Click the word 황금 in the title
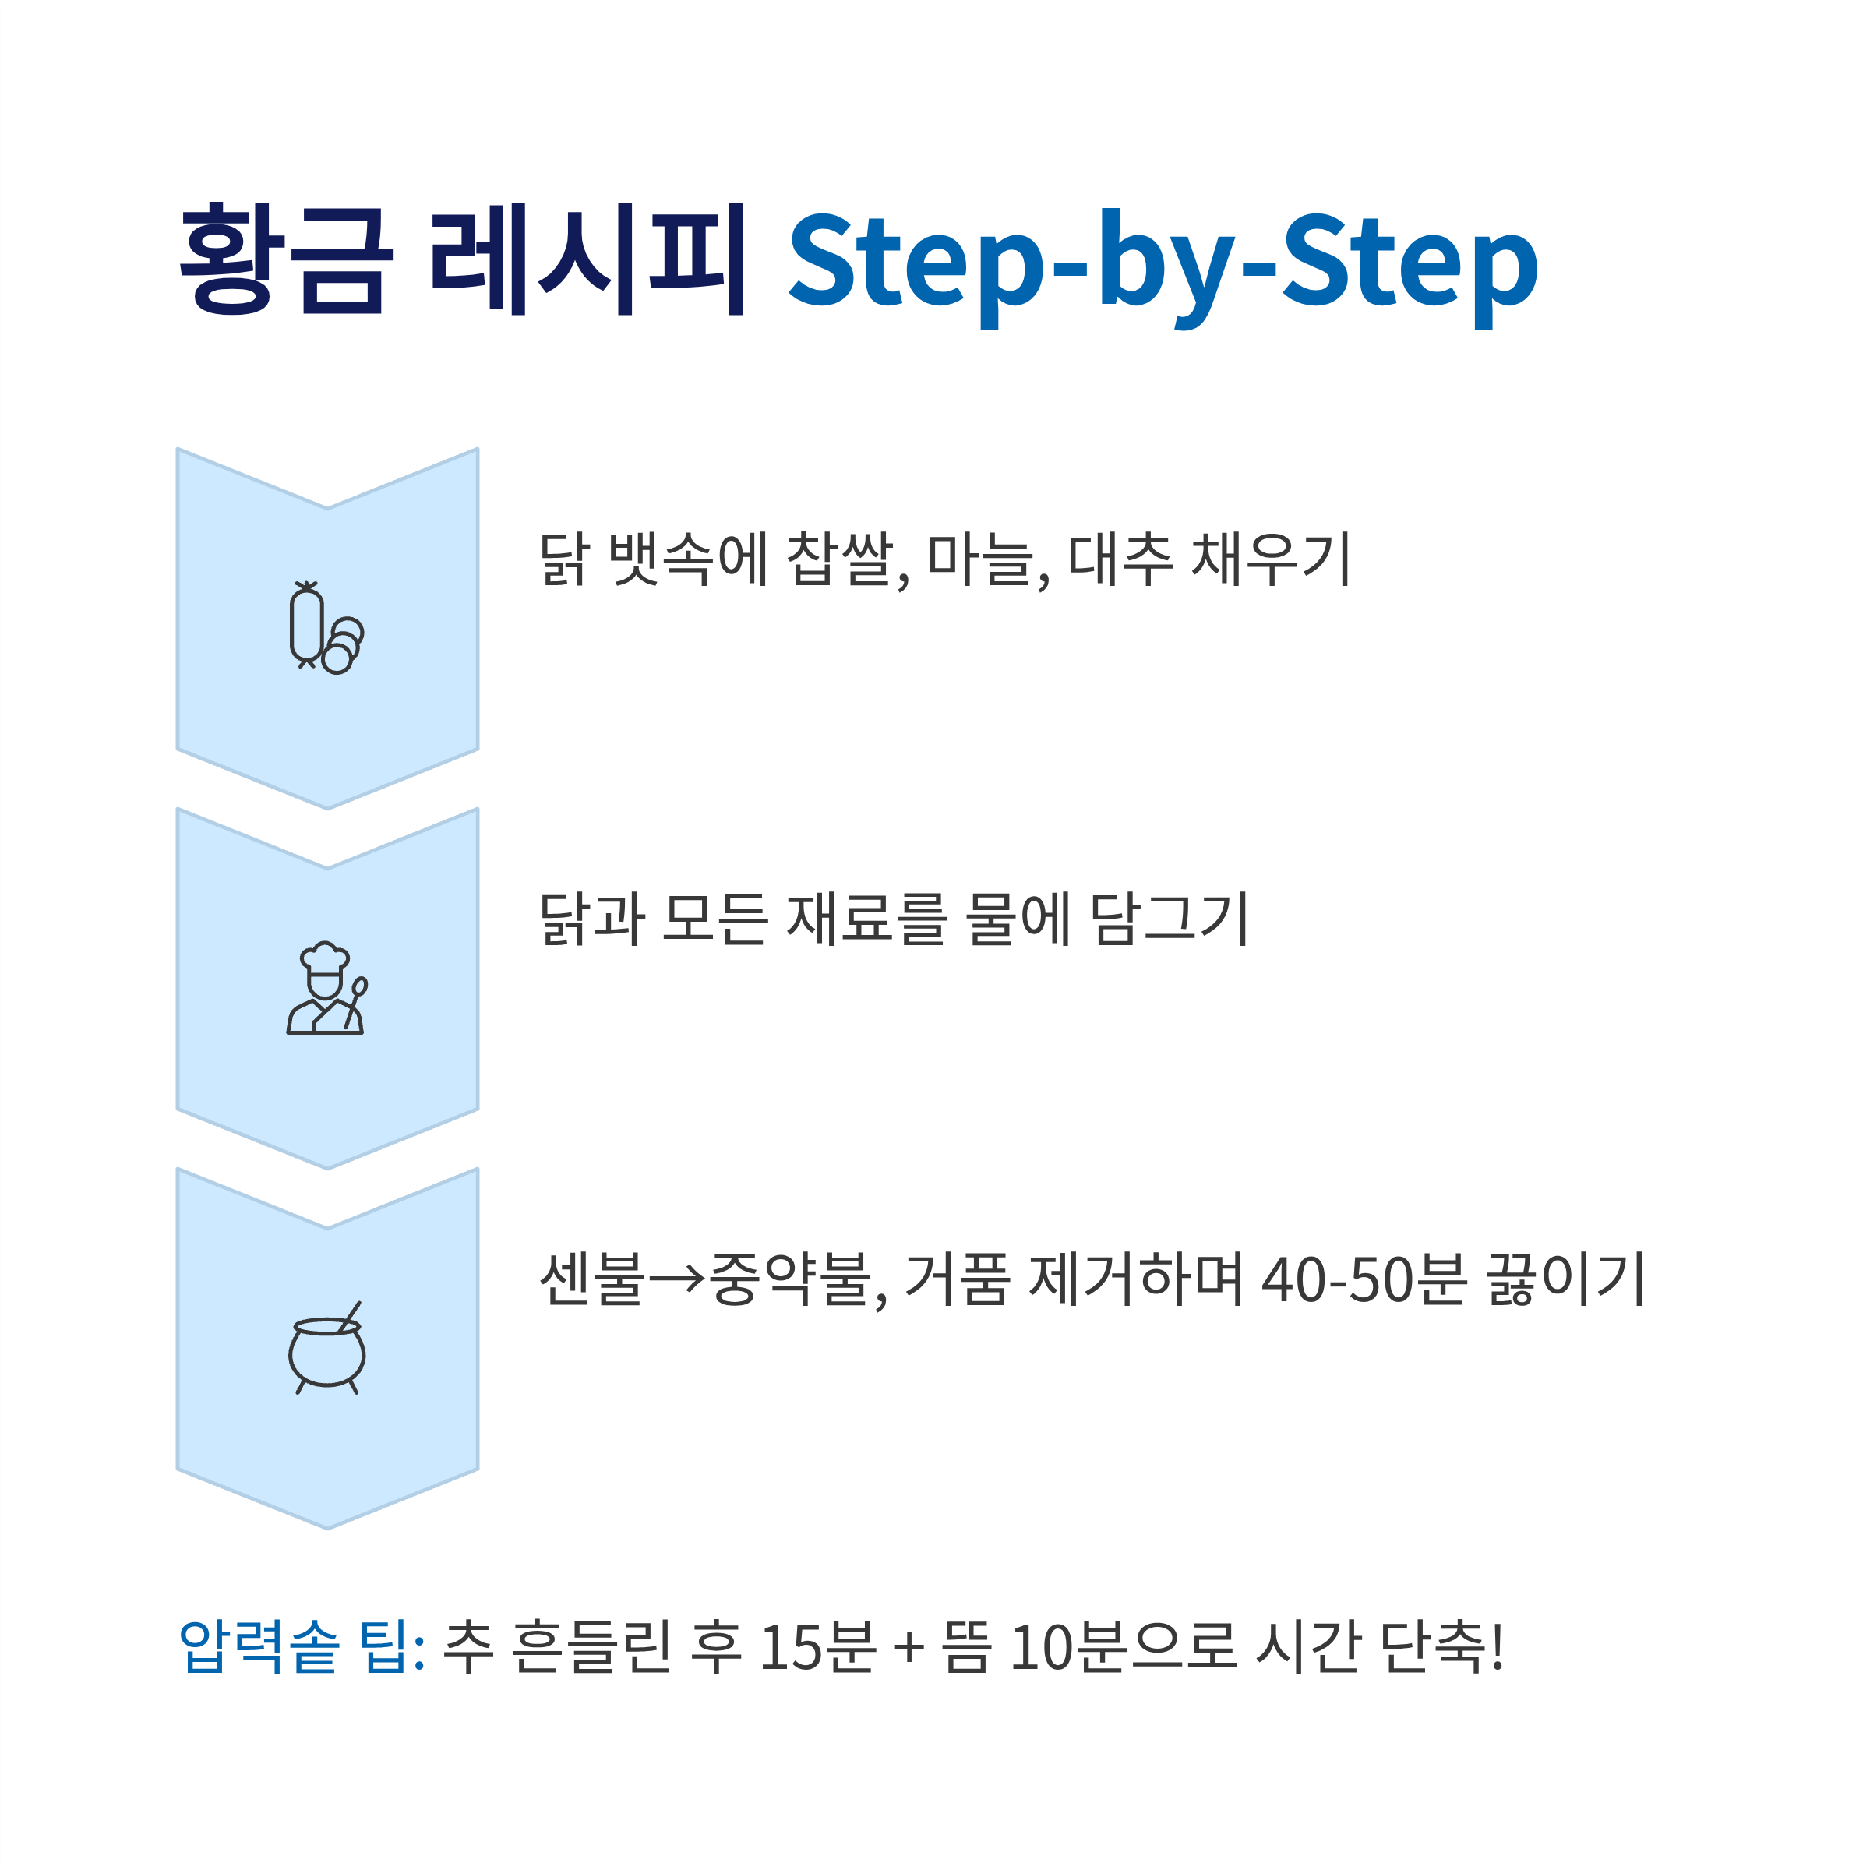coord(287,259)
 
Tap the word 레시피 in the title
coord(587,259)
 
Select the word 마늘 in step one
coord(980,560)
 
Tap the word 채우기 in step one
coord(1271,560)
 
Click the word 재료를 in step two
coord(867,919)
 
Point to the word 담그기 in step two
coord(1170,919)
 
